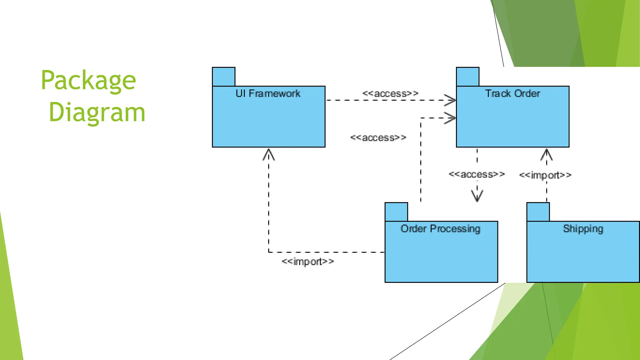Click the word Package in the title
[x=88, y=81]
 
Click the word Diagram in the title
[x=97, y=112]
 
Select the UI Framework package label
[x=268, y=93]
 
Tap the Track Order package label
[x=512, y=93]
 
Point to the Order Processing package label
[x=440, y=229]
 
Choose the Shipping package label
[x=583, y=229]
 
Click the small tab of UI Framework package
[x=223, y=77]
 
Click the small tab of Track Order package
[x=467, y=77]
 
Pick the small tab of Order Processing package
[x=396, y=212]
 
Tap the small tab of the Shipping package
[x=538, y=212]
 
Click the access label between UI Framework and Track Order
[x=390, y=93]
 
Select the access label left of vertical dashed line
[x=378, y=137]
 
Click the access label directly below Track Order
[x=477, y=174]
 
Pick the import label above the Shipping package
[x=545, y=175]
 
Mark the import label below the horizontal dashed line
[x=308, y=261]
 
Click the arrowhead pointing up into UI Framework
[x=269, y=154]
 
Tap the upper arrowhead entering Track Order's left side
[x=450, y=100]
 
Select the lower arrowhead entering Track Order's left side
[x=450, y=118]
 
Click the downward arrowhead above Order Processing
[x=477, y=196]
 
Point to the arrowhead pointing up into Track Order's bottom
[x=546, y=154]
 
